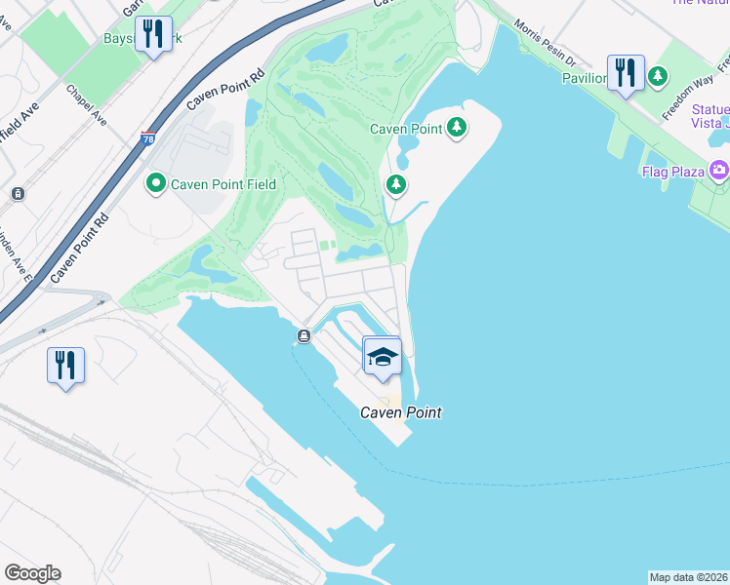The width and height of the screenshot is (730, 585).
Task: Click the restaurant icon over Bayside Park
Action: (152, 35)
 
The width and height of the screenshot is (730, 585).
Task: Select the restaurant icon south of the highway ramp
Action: (65, 366)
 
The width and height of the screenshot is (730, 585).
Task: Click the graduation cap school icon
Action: (383, 357)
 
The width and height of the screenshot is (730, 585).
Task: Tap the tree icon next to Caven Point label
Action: (456, 128)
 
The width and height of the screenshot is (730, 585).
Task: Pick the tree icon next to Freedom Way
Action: (659, 75)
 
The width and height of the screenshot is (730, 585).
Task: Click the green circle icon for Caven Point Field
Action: (155, 184)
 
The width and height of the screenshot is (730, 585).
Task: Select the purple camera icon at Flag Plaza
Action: (719, 172)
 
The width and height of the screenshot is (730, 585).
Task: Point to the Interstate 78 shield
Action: (148, 139)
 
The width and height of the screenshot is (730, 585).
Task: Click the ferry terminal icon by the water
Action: (304, 337)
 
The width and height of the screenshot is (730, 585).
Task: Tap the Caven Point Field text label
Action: (223, 184)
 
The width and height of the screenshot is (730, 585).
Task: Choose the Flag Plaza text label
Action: (673, 173)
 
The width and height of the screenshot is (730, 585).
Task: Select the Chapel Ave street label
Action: (86, 104)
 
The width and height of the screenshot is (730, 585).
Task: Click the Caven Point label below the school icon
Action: (401, 412)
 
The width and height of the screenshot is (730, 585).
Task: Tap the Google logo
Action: (32, 573)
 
